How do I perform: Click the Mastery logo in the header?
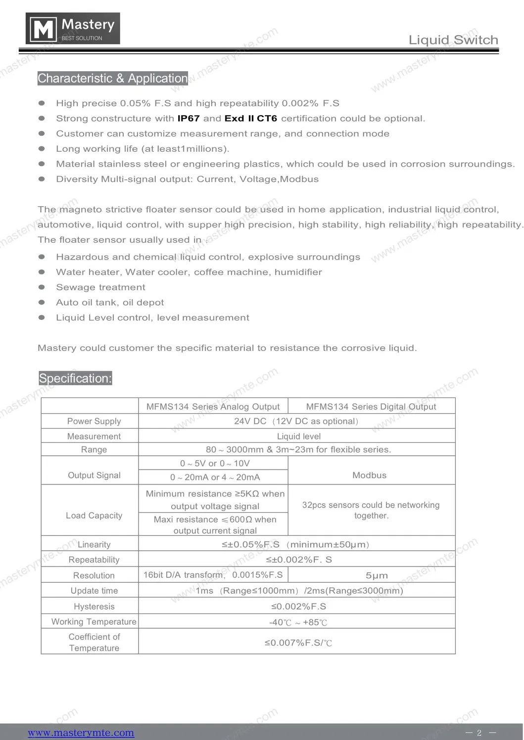(73, 29)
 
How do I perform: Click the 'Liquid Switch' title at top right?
(453, 40)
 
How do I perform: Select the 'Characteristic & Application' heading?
(113, 78)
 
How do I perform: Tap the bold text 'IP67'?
(189, 119)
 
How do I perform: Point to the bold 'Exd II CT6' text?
(251, 119)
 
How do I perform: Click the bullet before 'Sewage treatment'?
(42, 287)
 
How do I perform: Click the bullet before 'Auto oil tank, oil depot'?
(42, 303)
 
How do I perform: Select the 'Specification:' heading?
(75, 378)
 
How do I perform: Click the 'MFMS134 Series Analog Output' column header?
(213, 406)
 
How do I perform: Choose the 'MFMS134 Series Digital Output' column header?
(371, 406)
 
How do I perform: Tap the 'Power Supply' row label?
(94, 421)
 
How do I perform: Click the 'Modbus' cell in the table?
(370, 475)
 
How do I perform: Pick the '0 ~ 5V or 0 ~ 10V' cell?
(215, 463)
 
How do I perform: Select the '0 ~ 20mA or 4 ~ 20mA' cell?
(215, 477)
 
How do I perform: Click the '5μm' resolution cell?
(377, 575)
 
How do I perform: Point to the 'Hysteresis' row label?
(94, 607)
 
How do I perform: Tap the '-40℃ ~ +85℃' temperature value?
(298, 622)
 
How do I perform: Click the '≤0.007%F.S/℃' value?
(298, 643)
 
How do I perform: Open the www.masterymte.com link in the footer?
(81, 733)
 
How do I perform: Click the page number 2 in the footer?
(479, 733)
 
